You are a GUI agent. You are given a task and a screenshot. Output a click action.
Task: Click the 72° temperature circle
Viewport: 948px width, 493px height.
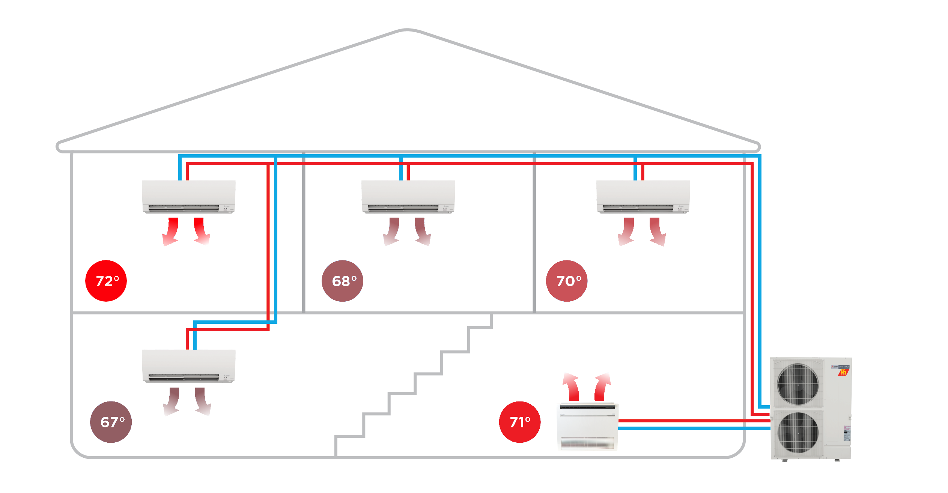tap(106, 281)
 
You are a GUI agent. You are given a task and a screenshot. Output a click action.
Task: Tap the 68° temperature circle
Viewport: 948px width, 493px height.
tap(342, 281)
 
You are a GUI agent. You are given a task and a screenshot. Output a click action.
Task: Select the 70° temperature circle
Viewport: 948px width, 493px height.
tap(567, 281)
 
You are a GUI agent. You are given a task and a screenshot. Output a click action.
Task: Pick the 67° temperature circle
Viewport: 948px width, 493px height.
tap(111, 422)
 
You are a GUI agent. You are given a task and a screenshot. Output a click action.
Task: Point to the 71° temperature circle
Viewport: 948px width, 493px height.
tap(520, 422)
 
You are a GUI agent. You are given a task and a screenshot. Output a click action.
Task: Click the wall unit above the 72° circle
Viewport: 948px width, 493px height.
tap(188, 197)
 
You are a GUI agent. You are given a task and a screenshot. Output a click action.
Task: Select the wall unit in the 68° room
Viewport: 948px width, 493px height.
tap(408, 197)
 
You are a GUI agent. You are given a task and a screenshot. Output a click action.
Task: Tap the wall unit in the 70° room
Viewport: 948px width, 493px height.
tap(643, 197)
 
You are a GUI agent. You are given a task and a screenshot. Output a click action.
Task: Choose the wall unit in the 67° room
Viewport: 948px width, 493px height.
tap(188, 366)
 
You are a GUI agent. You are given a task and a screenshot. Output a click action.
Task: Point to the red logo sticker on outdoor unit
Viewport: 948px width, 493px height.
tap(844, 372)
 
